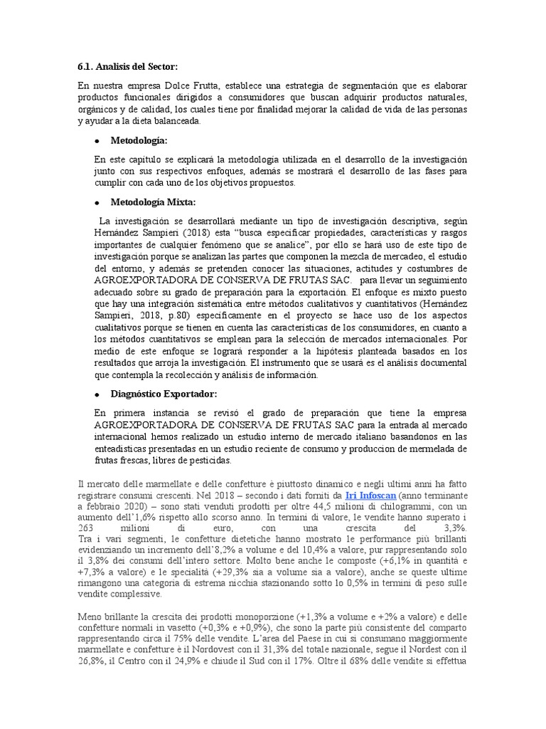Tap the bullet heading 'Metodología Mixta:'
(153, 201)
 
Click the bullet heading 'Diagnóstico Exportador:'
(164, 394)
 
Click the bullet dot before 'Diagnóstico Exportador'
(96, 394)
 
